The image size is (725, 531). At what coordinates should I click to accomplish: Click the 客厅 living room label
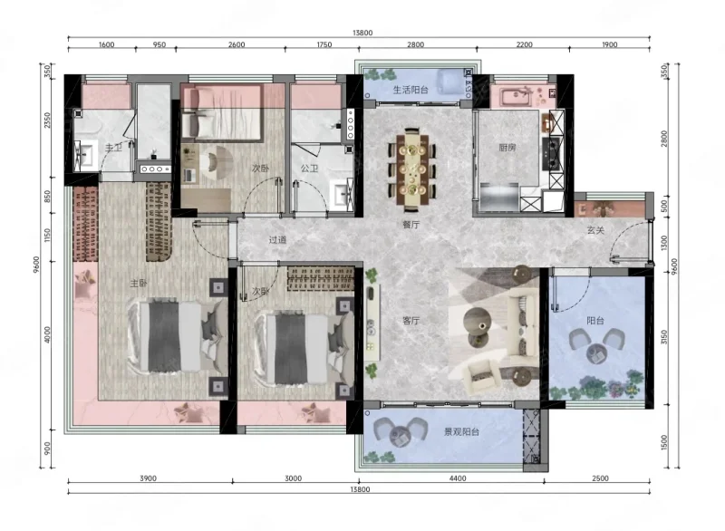411,320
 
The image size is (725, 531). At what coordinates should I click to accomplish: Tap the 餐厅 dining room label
411,225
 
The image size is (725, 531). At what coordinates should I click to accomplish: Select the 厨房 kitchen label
507,148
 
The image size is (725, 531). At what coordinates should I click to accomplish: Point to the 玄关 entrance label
595,229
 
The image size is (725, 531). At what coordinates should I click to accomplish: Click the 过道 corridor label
278,240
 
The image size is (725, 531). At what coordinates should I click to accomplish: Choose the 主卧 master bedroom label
139,283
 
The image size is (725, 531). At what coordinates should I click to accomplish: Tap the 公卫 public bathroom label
309,169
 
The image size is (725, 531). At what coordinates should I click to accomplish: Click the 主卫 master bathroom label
114,148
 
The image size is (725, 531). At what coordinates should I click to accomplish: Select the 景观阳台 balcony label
461,432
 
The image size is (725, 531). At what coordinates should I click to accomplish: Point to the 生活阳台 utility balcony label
411,90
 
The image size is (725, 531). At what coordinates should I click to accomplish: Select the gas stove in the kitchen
553,154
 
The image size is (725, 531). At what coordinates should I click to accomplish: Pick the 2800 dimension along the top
415,44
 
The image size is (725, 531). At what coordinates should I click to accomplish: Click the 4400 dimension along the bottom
458,478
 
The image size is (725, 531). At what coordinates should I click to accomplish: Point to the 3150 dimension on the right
664,337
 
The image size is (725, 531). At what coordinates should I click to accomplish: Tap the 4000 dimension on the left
47,335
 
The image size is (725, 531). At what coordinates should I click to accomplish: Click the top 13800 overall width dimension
362,33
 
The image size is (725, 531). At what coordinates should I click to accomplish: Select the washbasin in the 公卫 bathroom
343,194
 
